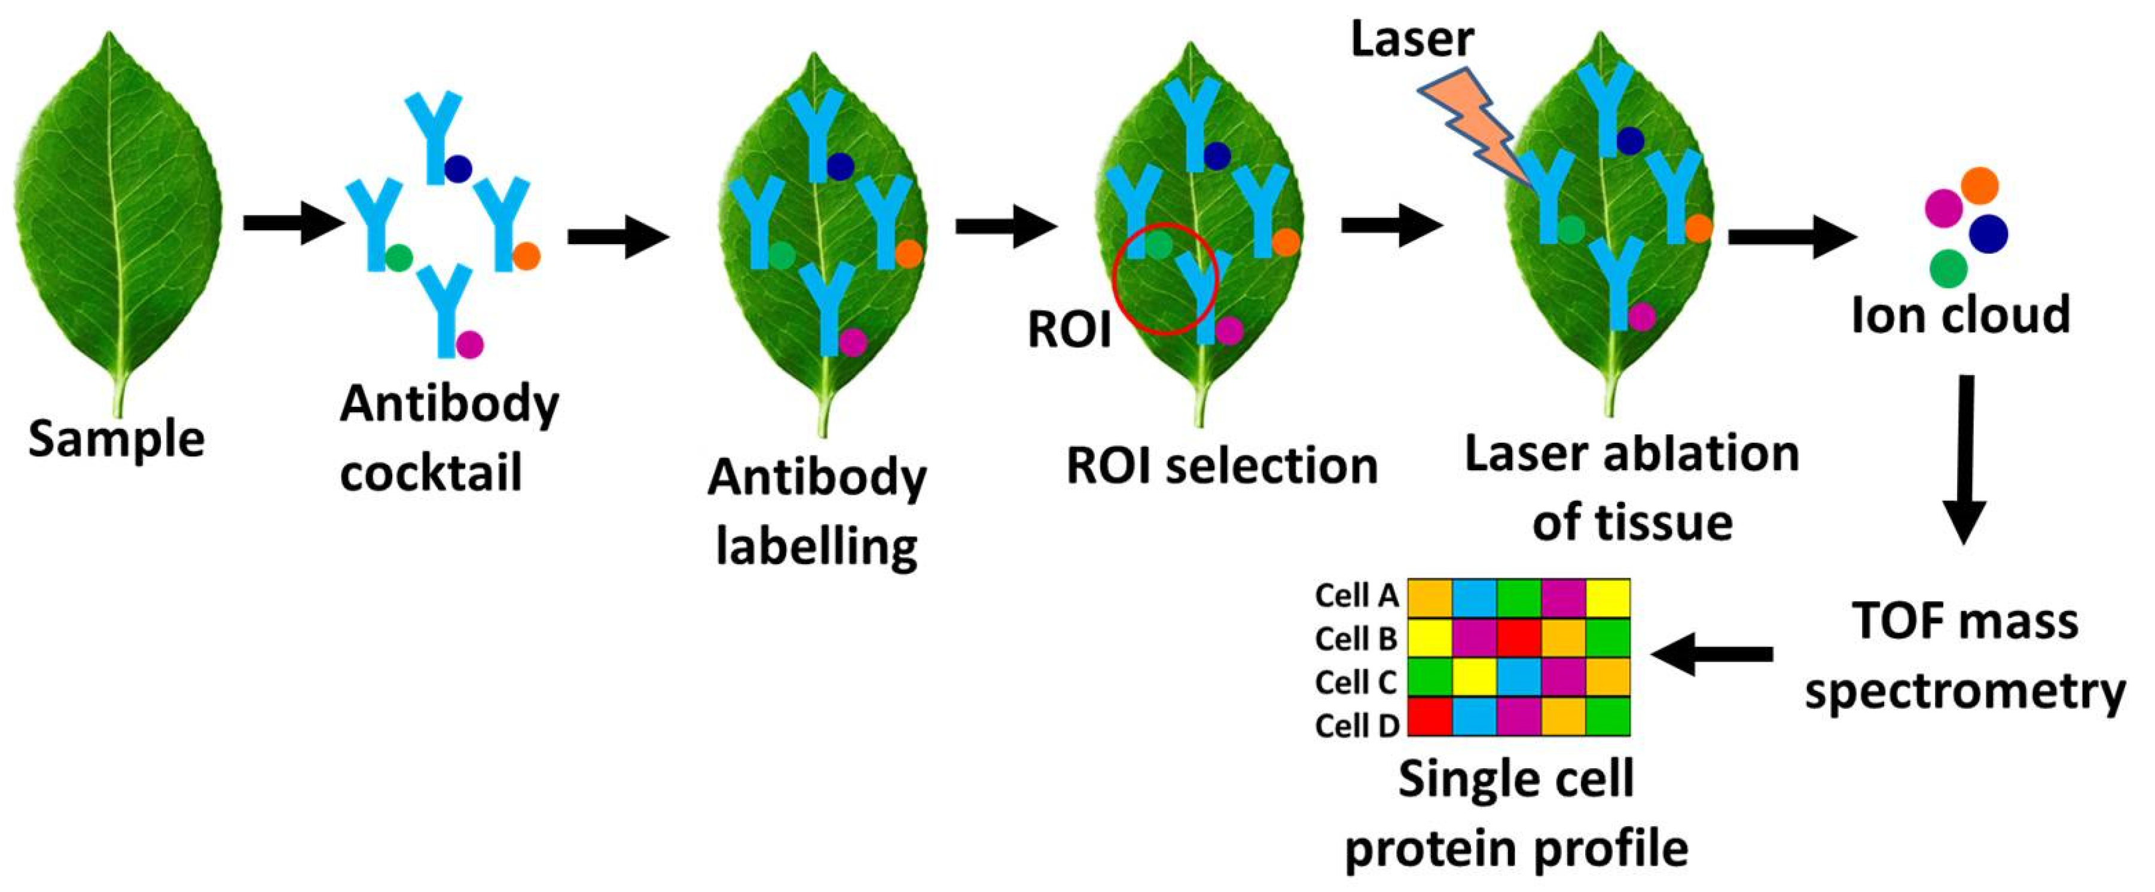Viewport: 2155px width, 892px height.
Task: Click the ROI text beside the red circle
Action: coord(1069,330)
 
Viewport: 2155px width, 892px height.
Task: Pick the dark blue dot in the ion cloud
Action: coord(1989,233)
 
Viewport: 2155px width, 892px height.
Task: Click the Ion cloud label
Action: coord(1960,315)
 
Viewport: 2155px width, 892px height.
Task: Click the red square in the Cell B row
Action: coord(1518,638)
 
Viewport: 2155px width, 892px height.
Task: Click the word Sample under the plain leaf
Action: coord(116,439)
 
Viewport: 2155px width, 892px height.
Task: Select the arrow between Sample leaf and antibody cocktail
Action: coord(293,223)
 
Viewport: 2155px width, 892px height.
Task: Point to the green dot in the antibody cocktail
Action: coord(398,256)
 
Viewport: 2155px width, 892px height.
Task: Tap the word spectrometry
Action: coord(1965,693)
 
